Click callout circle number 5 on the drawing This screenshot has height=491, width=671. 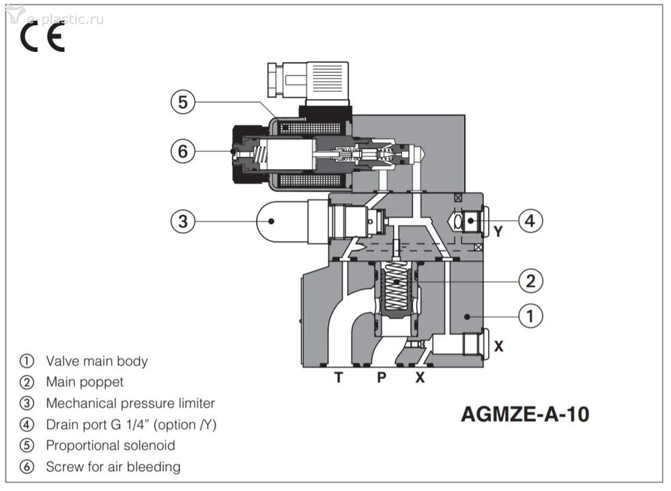point(182,102)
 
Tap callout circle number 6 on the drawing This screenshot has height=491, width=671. point(182,151)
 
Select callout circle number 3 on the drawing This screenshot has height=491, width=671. point(182,220)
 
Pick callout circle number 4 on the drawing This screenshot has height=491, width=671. point(530,220)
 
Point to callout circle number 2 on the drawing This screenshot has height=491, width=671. point(530,280)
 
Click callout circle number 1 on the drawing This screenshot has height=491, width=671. point(530,316)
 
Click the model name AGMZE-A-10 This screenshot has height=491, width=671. point(524,414)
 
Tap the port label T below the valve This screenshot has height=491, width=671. point(339,377)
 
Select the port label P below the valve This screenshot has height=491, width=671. point(382,377)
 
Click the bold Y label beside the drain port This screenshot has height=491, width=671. point(498,232)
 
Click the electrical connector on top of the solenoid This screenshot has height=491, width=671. point(309,81)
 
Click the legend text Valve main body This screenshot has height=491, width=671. point(96,361)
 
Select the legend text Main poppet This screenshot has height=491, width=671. point(85,382)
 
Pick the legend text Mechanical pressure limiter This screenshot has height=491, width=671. point(130,403)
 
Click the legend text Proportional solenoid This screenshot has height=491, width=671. point(110,445)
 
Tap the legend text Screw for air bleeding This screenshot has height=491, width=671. point(113,466)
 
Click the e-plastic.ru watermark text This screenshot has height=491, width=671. point(65,18)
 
